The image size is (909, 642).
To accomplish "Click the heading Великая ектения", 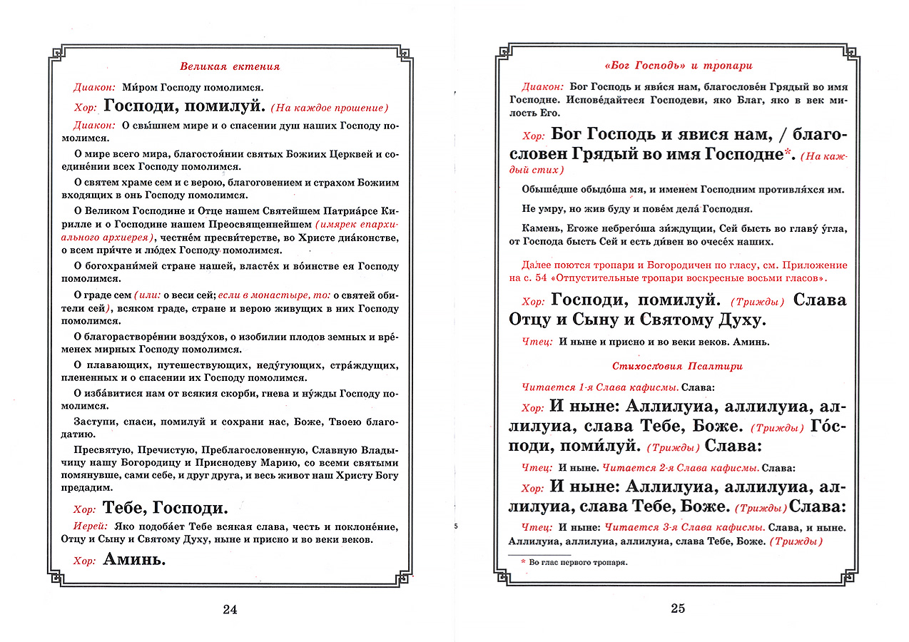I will pyautogui.click(x=229, y=66).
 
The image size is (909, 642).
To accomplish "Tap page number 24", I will pyautogui.click(x=229, y=609).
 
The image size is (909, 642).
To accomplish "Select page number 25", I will pyautogui.click(x=678, y=608).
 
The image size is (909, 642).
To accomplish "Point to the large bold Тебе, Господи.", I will pyautogui.click(x=166, y=508).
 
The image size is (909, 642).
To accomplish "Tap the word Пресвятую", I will pyautogui.click(x=99, y=450).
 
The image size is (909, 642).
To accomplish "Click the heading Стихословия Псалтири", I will pyautogui.click(x=677, y=366).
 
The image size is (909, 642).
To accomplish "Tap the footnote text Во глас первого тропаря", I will pyautogui.click(x=578, y=562).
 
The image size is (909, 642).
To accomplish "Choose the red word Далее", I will pyautogui.click(x=537, y=265).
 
